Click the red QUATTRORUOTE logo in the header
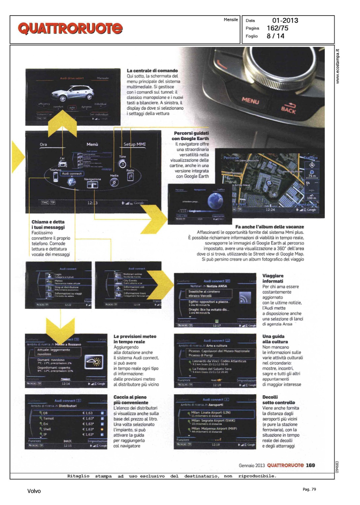(70, 28)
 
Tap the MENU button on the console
(250, 101)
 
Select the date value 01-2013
(285, 21)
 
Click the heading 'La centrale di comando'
(152, 71)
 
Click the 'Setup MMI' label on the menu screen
(134, 144)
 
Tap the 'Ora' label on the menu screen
(43, 144)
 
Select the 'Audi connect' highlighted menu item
(71, 174)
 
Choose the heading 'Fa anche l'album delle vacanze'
(269, 227)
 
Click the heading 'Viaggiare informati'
(273, 278)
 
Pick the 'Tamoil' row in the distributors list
(48, 418)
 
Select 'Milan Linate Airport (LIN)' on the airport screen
(210, 412)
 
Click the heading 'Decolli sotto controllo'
(279, 400)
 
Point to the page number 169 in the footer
(310, 465)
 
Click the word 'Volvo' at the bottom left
(34, 491)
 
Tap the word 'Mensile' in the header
(231, 20)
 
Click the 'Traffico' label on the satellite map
(310, 158)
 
